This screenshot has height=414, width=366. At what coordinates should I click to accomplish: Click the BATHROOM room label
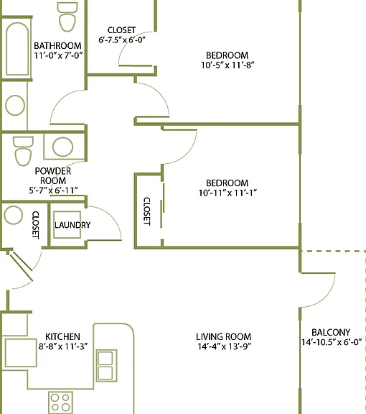coord(57,46)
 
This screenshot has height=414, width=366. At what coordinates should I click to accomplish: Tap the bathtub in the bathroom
coord(17,49)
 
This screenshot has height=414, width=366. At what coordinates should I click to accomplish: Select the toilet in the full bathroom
coord(67,17)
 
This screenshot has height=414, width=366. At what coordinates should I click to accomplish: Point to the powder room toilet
coord(23,151)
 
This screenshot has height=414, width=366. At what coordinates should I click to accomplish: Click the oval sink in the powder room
coord(62,147)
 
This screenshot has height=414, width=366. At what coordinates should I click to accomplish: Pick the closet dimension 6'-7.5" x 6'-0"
coord(122,40)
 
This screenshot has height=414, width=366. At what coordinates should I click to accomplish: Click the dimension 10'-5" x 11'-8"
coord(227,65)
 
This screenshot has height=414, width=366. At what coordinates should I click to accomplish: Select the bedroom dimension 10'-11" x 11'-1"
coord(227,193)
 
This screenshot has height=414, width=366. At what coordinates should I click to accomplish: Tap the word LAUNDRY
coord(72,225)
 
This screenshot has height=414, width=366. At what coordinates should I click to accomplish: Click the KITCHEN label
coord(62,336)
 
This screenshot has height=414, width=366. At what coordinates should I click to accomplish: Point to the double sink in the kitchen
coord(106,365)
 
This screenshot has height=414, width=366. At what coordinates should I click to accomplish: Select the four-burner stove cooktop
coord(60,402)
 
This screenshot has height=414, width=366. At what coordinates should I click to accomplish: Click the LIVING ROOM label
coord(224,336)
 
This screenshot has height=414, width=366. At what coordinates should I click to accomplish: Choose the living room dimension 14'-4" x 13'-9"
coord(225,346)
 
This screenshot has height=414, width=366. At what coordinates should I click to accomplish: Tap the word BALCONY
coord(331,332)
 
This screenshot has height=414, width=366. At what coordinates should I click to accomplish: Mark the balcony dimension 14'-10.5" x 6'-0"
coord(332,342)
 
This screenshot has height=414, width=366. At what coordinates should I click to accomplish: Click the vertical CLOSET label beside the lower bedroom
coord(146,211)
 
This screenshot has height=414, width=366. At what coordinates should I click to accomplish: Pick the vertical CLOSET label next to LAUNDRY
coord(36,225)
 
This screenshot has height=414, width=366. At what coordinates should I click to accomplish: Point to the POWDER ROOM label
coord(53,176)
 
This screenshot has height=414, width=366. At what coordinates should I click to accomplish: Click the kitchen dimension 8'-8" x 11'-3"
coord(63,346)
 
